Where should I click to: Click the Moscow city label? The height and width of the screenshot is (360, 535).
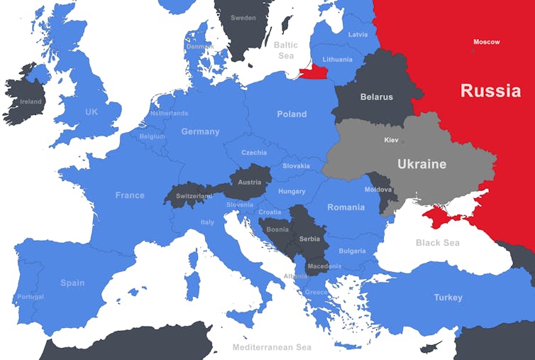click(x=486, y=42)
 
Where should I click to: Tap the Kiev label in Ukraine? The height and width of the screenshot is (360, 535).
click(x=392, y=140)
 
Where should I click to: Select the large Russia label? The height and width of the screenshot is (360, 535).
click(x=490, y=91)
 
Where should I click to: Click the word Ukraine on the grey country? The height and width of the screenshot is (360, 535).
click(x=421, y=164)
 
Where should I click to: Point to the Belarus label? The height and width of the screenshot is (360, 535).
click(x=376, y=97)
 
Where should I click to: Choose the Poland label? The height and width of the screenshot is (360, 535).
click(x=292, y=114)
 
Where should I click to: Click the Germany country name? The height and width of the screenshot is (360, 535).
click(x=200, y=131)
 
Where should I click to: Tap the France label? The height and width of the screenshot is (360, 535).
click(x=130, y=195)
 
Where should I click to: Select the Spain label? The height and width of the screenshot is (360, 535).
click(x=72, y=283)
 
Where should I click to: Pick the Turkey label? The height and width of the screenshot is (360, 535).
click(x=448, y=298)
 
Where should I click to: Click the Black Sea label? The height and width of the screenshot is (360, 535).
click(x=437, y=243)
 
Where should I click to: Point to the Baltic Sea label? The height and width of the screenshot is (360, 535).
click(x=286, y=50)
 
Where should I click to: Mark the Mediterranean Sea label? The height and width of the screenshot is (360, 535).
click(x=272, y=348)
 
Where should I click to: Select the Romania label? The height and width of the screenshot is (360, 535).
click(x=346, y=207)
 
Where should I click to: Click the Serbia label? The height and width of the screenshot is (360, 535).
click(x=310, y=239)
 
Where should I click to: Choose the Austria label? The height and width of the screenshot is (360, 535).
click(x=249, y=182)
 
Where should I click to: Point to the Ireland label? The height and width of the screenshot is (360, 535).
click(x=31, y=102)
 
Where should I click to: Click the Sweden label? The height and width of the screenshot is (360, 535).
click(x=243, y=18)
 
